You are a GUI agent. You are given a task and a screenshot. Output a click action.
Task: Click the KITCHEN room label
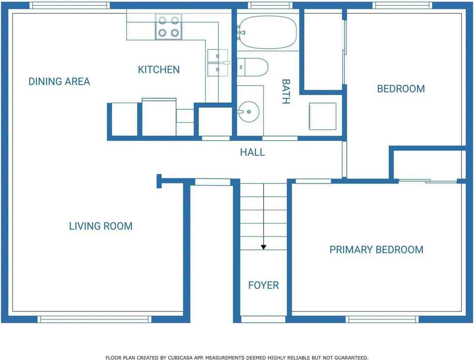159,69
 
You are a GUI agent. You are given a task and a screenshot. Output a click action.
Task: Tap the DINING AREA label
59,81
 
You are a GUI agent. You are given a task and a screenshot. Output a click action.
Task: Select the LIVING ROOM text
100,226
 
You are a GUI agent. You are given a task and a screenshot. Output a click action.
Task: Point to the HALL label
252,152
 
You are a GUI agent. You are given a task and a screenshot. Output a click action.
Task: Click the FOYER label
264,285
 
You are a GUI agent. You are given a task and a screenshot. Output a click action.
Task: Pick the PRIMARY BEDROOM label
376,250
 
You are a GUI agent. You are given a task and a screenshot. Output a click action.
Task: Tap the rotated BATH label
286,91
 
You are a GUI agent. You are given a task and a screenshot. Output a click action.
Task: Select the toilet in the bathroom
252,67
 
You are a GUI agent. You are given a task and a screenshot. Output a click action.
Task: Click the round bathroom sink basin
249,112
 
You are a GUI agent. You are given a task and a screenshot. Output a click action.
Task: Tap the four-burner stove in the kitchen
169,27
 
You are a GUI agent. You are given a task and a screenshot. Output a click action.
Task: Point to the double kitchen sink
217,63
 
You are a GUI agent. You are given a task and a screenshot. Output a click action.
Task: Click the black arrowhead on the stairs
264,247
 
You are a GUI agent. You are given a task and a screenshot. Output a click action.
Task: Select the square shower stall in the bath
322,116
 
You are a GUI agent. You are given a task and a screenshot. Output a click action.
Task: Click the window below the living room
94,319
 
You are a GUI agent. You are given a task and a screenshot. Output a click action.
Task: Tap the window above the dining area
69,5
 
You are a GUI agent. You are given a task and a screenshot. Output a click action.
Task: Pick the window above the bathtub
270,5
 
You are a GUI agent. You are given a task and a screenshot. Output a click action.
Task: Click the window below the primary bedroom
382,319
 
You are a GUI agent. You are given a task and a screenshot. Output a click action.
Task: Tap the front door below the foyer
263,319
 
